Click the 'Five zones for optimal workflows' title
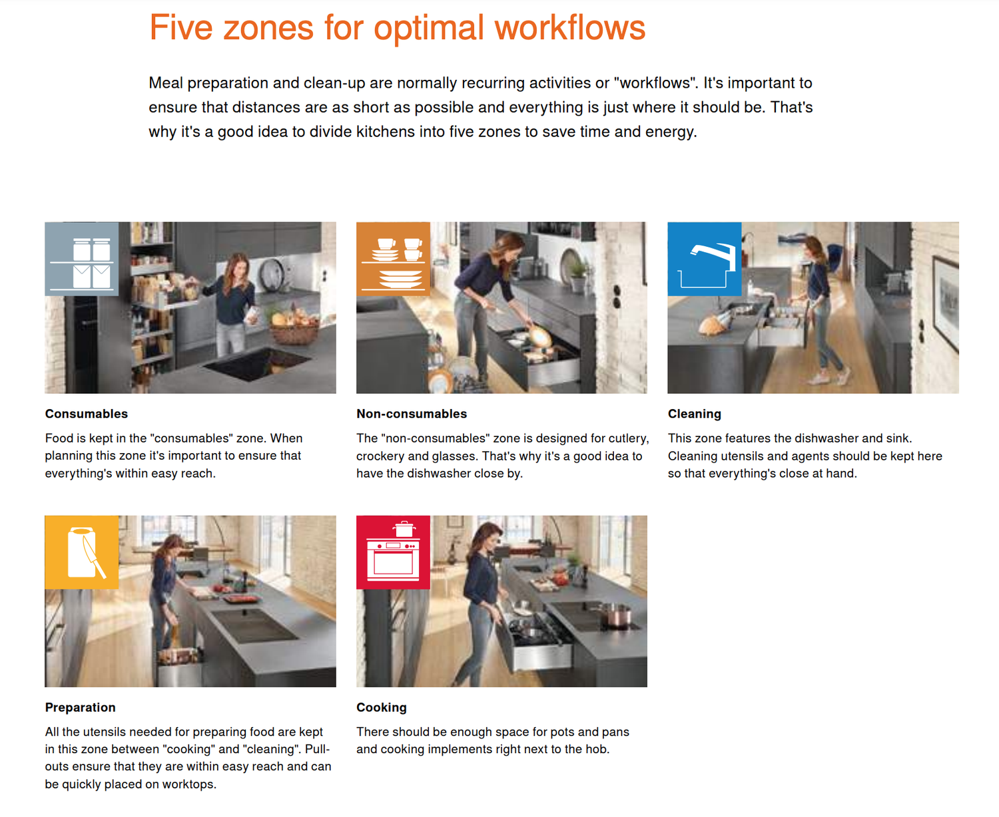397,27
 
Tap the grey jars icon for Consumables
81,259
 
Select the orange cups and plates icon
393,259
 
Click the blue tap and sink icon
705,259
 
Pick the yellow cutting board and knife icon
81,552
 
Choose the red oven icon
393,552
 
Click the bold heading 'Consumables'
86,414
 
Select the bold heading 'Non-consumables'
412,414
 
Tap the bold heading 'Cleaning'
695,414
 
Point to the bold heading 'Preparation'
80,707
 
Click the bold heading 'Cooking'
382,707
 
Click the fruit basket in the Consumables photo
294,327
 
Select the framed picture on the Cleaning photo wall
946,303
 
